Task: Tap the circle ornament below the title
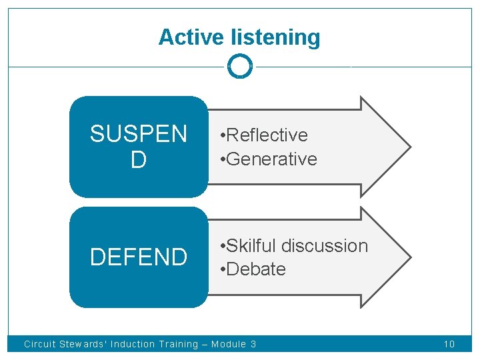pos(240,66)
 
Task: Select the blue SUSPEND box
pos(139,147)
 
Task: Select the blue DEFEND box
pos(139,257)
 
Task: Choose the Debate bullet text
pos(255,269)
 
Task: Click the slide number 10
pos(449,344)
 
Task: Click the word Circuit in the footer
pos(39,344)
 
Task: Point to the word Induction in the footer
pos(133,344)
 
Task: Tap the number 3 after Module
pos(253,344)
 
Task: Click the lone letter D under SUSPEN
pos(139,160)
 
